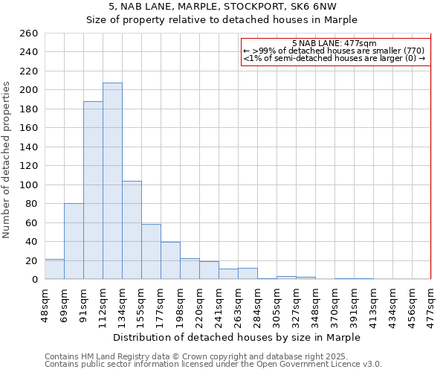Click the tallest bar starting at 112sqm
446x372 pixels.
(112, 181)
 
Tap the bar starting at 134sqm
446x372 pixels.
(132, 230)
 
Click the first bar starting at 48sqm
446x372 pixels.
(54, 269)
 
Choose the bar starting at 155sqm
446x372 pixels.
(151, 251)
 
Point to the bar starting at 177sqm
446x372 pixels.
(170, 260)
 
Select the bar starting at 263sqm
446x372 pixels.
(248, 274)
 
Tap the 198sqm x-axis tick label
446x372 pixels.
(180, 304)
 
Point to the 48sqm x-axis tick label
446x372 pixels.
(45, 304)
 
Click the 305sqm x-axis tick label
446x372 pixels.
(277, 304)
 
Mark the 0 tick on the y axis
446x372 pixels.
(34, 280)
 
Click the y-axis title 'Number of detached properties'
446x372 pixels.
(7, 160)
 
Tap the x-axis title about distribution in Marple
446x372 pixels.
(237, 337)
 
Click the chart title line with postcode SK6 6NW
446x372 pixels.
(222, 6)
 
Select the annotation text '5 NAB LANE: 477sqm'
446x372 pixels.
(334, 43)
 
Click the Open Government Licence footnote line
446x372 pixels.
(213, 365)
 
